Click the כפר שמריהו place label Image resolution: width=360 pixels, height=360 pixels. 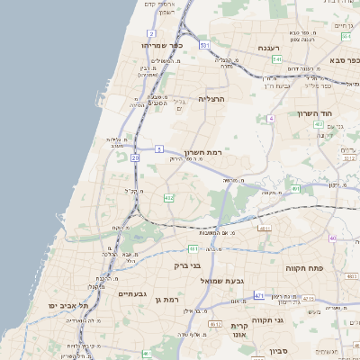[x=161, y=44]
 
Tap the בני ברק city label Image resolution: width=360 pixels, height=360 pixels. [x=184, y=265]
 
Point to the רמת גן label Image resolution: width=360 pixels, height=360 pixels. [x=168, y=299]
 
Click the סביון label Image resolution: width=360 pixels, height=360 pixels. [x=277, y=351]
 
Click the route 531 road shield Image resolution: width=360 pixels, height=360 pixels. [x=205, y=44]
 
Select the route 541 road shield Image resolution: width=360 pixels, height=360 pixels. [x=274, y=59]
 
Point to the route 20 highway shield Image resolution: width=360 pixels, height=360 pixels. [x=135, y=157]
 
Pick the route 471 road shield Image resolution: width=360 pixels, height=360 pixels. [x=259, y=295]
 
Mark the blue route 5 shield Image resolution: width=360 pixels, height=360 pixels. [x=159, y=148]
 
